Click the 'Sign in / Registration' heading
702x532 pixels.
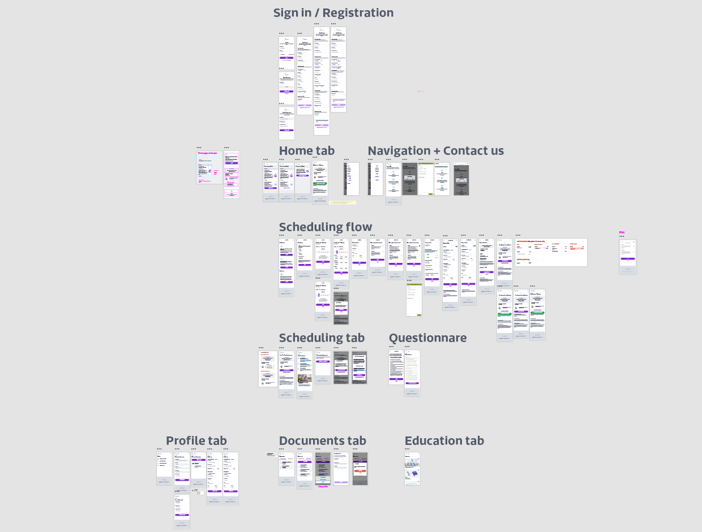333,13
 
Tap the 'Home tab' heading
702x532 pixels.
306,151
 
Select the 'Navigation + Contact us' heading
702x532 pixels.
435,151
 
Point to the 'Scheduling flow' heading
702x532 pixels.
326,227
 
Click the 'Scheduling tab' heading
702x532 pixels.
322,338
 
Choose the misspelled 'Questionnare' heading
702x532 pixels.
427,338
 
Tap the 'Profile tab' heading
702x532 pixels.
196,441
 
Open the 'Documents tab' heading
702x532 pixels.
322,441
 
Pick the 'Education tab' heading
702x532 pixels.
444,441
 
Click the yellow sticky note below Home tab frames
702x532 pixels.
343,202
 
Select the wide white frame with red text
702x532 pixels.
551,252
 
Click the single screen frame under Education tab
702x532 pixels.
412,468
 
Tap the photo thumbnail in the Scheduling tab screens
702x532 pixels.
305,378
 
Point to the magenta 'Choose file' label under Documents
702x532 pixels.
323,486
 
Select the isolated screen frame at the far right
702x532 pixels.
627,256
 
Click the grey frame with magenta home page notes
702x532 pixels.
209,167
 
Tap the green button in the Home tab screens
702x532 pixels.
320,184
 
